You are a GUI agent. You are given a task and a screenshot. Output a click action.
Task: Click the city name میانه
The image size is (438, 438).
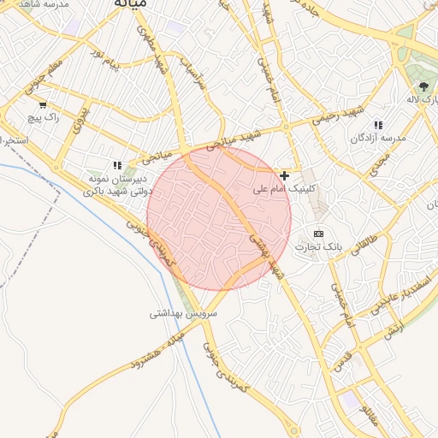point(130,3)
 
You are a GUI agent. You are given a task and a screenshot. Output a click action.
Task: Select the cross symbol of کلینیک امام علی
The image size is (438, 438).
point(285,175)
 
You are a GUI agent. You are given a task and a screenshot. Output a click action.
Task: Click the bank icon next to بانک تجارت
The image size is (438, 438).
point(319,234)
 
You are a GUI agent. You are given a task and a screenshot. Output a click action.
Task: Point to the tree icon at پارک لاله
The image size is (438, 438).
point(424,86)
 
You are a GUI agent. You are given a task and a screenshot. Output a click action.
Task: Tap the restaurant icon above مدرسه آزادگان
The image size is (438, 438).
point(378,125)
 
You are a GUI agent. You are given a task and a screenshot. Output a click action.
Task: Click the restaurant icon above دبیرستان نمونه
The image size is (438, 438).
point(118,165)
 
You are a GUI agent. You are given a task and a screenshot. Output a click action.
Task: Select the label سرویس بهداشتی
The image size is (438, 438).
point(184,313)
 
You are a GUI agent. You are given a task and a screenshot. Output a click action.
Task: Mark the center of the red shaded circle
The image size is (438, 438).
point(219,217)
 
